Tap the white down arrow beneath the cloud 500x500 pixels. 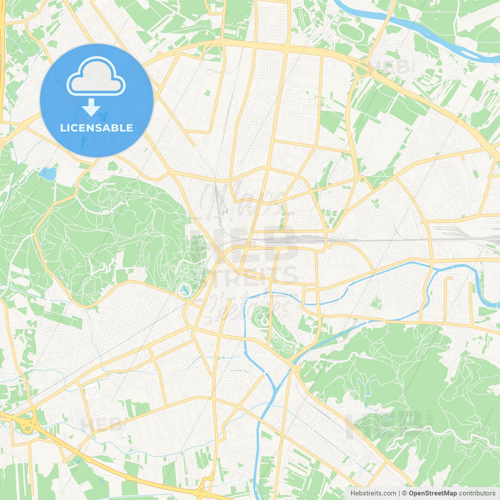pyautogui.click(x=91, y=107)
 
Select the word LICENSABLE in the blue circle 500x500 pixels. pyautogui.click(x=96, y=128)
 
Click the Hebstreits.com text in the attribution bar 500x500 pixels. pyautogui.click(x=373, y=493)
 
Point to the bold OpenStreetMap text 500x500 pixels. pyautogui.click(x=432, y=493)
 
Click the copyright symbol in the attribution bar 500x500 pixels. pyautogui.click(x=404, y=493)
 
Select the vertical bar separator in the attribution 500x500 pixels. pyautogui.click(x=399, y=493)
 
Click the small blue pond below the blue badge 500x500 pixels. pyautogui.click(x=48, y=173)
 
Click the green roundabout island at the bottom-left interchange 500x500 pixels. pyautogui.click(x=27, y=428)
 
